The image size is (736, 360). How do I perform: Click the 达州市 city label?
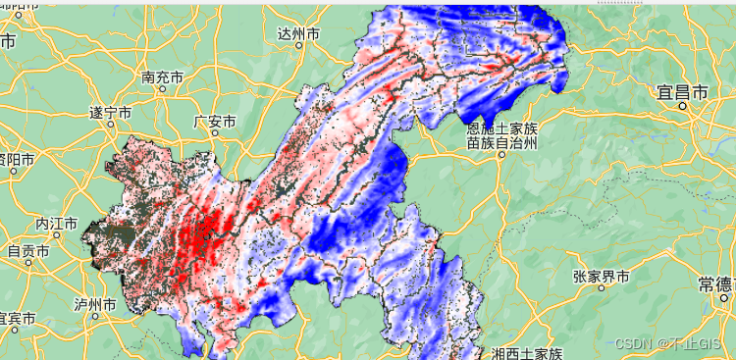298,33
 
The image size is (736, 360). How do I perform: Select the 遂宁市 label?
110,112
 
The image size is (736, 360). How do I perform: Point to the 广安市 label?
215,122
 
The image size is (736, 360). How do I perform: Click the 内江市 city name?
56,224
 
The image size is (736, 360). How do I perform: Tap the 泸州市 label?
95,304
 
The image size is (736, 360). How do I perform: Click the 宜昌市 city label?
683,93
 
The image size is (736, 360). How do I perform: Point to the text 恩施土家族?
502,129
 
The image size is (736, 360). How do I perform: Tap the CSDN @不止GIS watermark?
672,343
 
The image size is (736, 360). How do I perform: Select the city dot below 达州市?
298,46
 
